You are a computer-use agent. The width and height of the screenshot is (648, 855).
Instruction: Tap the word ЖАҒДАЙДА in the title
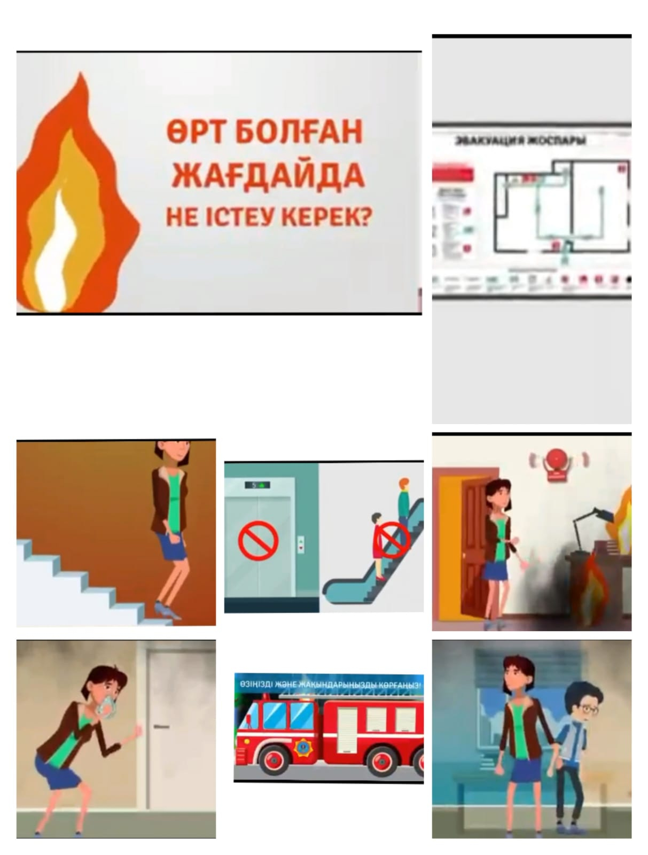pos(269,175)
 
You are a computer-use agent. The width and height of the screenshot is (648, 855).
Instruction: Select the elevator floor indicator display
pos(258,485)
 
